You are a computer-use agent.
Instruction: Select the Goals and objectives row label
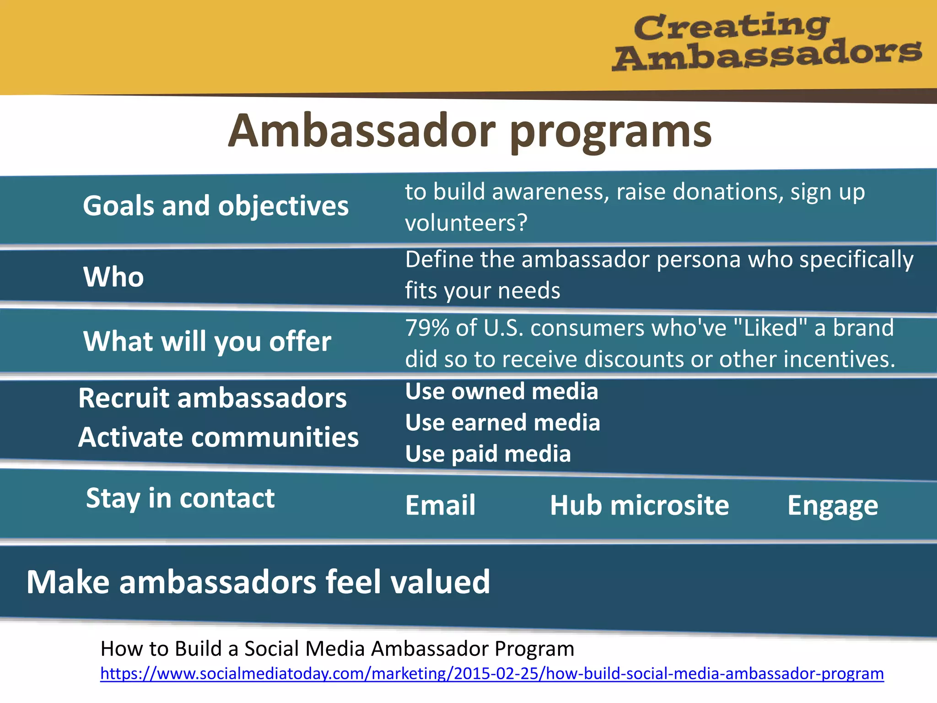[215, 206]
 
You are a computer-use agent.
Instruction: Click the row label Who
[113, 277]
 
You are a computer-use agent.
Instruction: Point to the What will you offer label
[207, 342]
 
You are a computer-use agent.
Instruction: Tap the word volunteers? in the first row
[466, 223]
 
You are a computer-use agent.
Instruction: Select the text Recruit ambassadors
[212, 398]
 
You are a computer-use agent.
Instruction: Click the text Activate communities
[218, 438]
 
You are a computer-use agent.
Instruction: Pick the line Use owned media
[501, 392]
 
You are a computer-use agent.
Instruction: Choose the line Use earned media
[502, 423]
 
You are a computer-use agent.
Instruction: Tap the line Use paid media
[488, 454]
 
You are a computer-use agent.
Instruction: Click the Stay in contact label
[180, 498]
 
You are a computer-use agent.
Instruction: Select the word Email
[440, 506]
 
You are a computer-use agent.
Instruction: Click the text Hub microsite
[639, 506]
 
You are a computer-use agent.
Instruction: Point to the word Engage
[832, 506]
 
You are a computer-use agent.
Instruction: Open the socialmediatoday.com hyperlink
[492, 674]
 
